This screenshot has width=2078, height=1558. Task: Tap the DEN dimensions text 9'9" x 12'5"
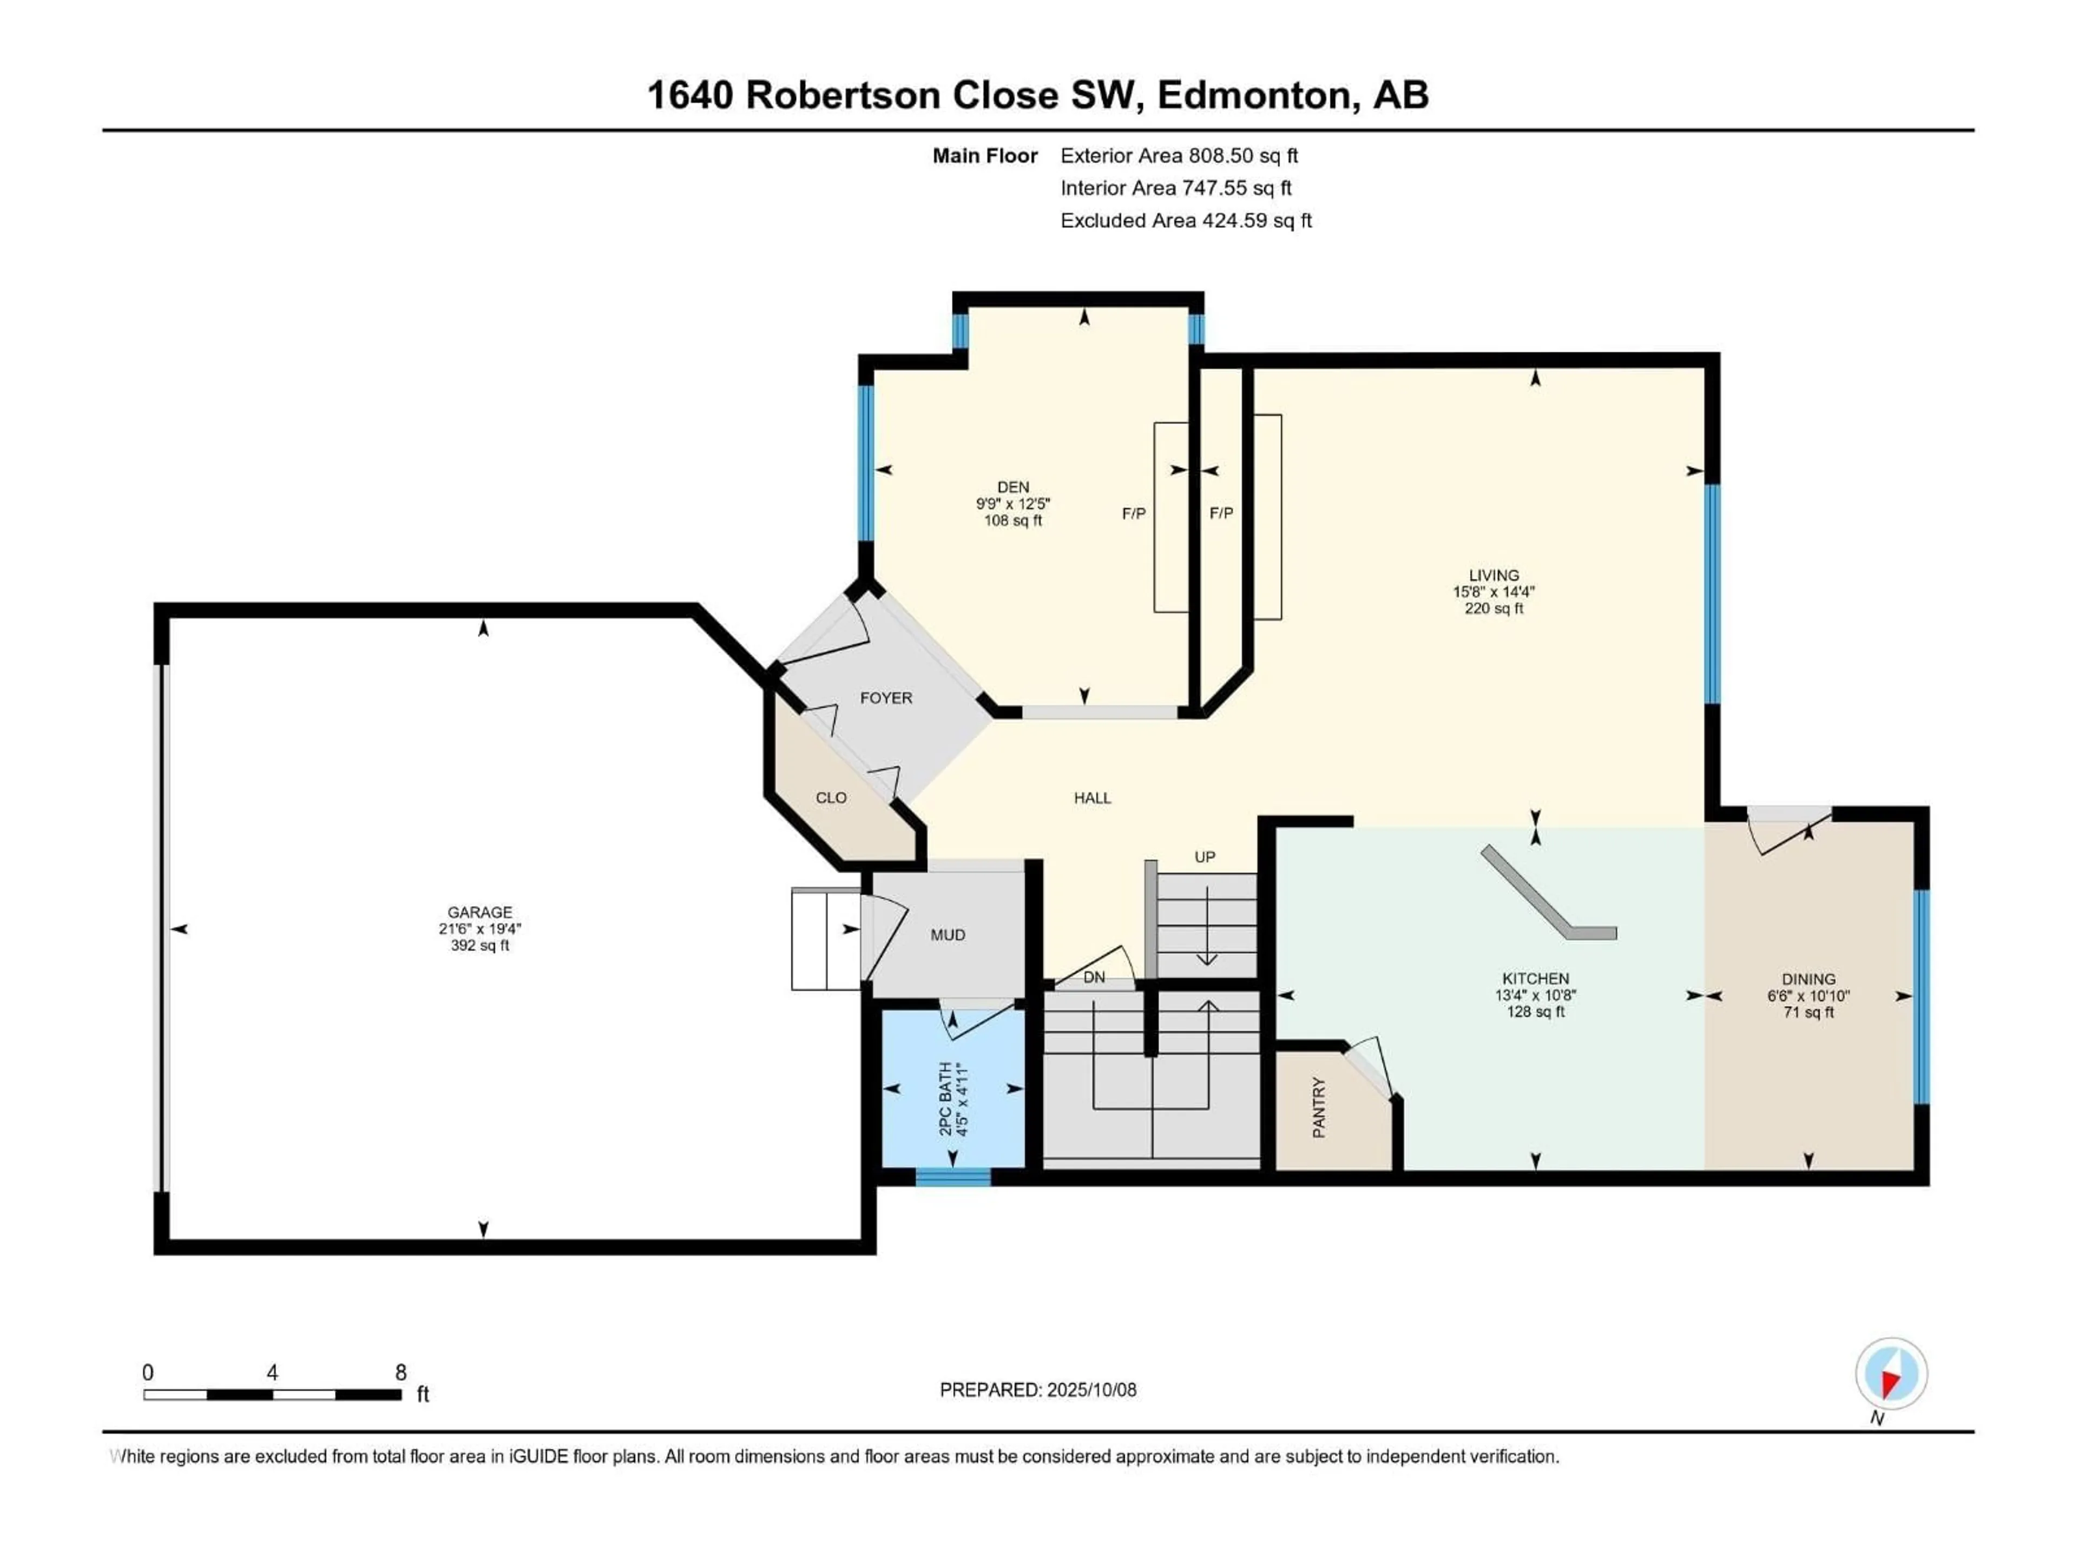1012,503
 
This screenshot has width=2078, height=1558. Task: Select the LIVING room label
1494,575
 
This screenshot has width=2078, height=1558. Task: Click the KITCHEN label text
1535,979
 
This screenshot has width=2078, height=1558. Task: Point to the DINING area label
1809,979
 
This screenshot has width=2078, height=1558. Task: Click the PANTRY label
1319,1108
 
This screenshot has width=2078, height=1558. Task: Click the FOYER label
886,698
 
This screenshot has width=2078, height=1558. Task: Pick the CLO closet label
831,797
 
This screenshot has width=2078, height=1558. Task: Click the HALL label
1093,797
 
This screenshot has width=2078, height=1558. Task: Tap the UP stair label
1205,856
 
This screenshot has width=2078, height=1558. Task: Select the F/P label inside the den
1134,514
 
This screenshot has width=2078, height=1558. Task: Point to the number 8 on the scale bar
400,1372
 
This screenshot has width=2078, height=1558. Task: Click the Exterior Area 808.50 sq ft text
1179,156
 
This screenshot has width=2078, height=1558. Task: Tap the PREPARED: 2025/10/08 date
1038,1390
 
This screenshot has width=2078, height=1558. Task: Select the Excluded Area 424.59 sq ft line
1186,221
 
